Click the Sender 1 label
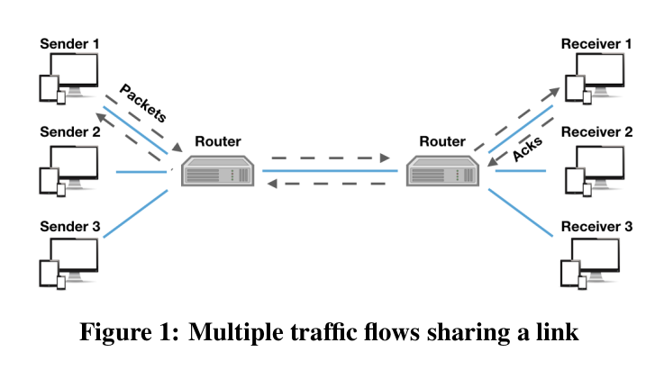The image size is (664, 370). pos(70,42)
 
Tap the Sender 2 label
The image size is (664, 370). pos(70,131)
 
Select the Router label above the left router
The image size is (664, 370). pos(218,141)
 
